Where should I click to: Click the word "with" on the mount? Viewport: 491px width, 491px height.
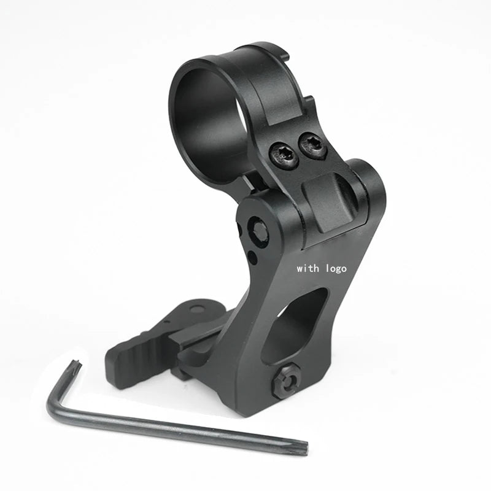click(x=307, y=268)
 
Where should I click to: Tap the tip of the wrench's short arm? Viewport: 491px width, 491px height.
click(x=77, y=367)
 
